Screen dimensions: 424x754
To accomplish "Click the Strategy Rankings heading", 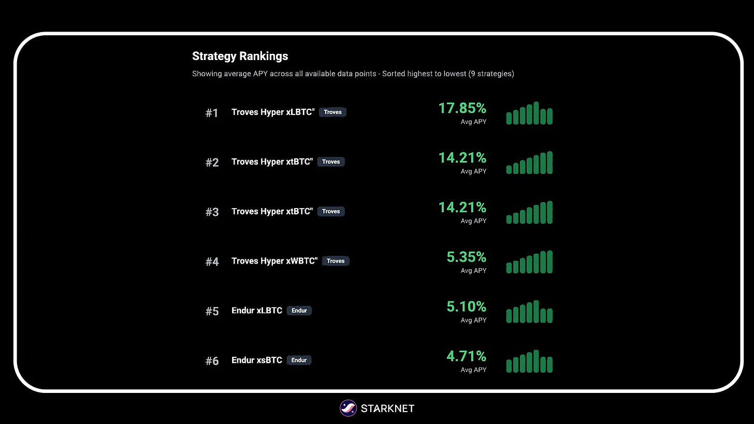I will [x=240, y=56].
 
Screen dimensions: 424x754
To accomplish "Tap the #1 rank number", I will [x=212, y=113].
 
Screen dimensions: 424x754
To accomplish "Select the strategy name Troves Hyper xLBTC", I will [x=273, y=112].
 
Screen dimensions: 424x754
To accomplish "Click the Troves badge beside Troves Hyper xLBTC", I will [x=332, y=112].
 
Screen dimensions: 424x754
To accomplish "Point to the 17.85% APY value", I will [x=462, y=108].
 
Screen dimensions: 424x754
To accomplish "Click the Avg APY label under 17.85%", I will [x=473, y=122].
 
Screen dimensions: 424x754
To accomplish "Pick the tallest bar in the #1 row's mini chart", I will [x=536, y=113].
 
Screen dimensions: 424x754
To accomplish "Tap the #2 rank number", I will [x=212, y=163].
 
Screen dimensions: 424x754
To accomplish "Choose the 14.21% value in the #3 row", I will [x=462, y=208].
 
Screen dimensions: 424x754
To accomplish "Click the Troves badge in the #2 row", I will [x=331, y=162].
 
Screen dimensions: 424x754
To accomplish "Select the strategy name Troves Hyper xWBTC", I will [x=274, y=261].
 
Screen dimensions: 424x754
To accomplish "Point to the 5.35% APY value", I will [x=466, y=257].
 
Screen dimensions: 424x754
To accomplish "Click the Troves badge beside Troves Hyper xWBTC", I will [x=336, y=261].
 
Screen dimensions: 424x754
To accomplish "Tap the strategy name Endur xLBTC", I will [x=257, y=311].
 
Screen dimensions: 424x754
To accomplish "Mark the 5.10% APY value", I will [x=466, y=307].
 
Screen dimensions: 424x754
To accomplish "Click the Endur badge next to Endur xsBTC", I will [x=299, y=360].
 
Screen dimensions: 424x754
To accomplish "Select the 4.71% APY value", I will [x=466, y=357].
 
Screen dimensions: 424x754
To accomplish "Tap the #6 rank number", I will [x=212, y=361].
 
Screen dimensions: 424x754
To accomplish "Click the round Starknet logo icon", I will [x=348, y=408].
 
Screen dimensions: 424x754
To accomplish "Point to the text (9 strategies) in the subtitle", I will [x=491, y=74].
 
